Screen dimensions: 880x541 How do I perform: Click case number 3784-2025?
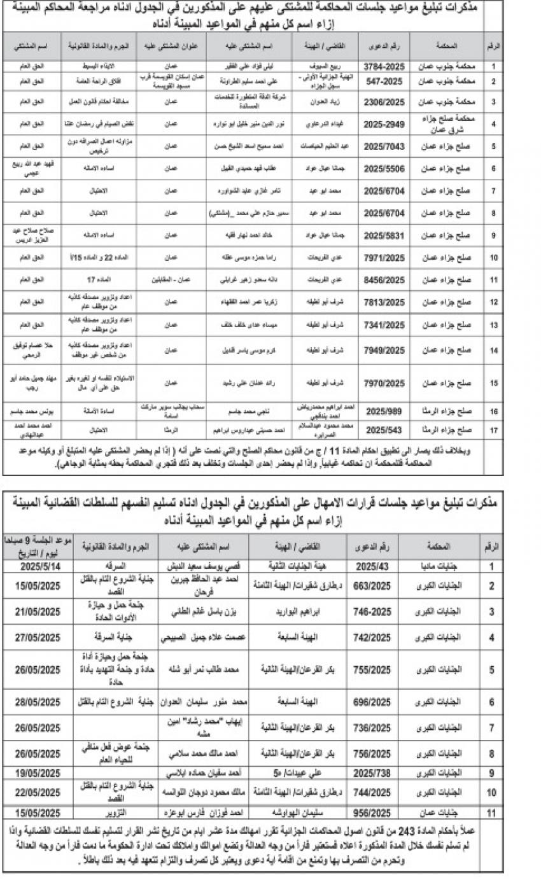coord(384,65)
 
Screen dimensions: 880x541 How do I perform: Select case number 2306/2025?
coord(384,101)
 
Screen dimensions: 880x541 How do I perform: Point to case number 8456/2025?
coord(384,279)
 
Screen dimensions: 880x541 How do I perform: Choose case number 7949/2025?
coord(384,349)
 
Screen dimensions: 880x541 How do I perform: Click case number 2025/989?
coord(384,410)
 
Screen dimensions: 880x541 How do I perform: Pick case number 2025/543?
coord(384,428)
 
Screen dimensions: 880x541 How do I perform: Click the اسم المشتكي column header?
coord(31,47)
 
